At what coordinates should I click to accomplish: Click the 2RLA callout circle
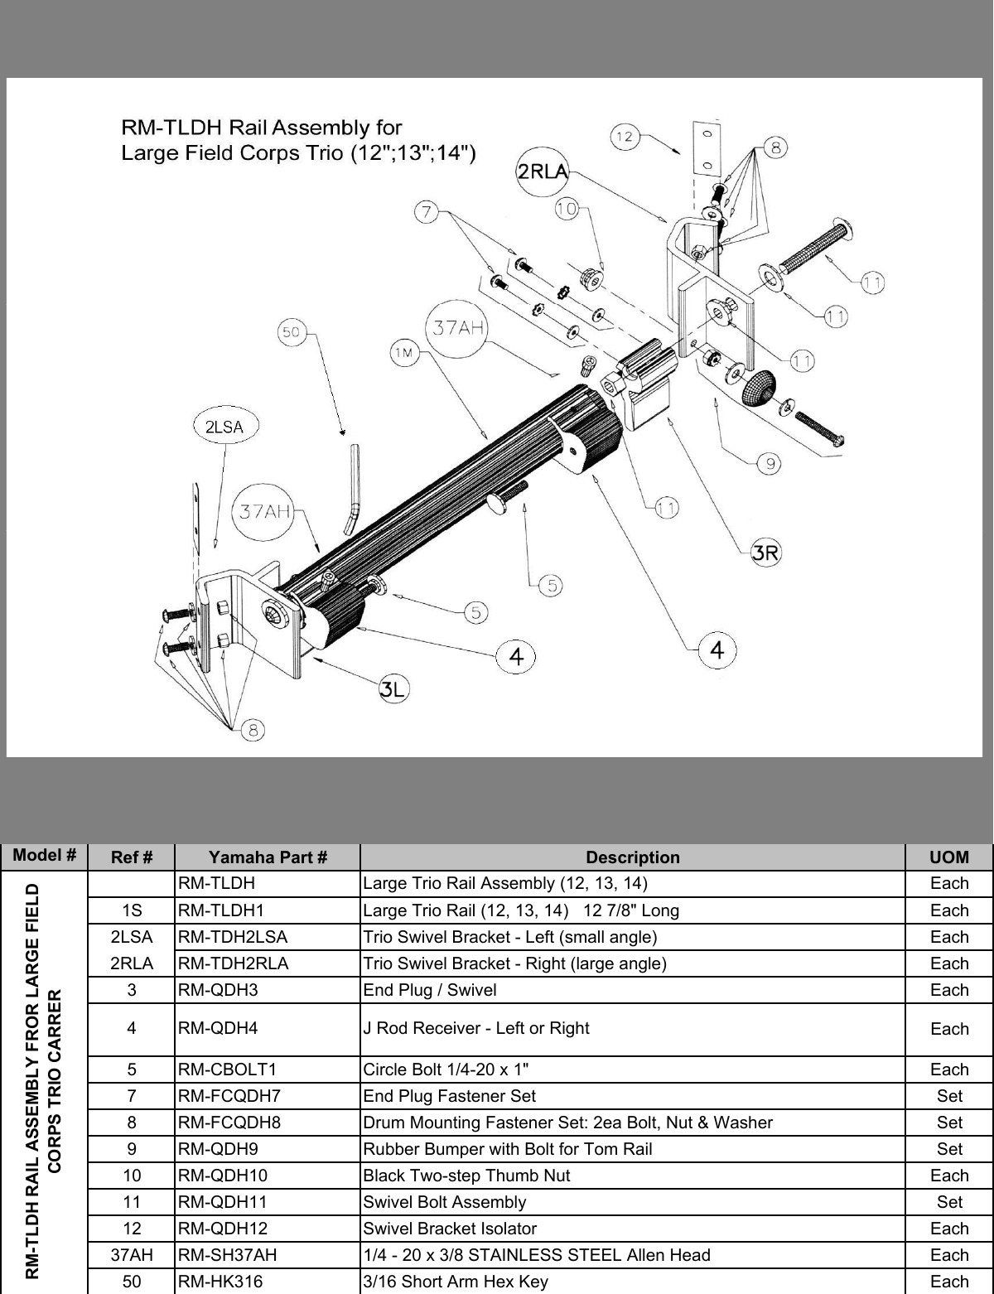tap(542, 171)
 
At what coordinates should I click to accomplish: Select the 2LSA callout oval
tap(224, 427)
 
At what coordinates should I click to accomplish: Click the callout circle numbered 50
tap(290, 333)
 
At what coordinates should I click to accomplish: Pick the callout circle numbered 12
tap(625, 137)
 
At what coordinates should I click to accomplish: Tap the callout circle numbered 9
tap(770, 464)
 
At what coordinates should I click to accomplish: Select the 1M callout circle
tap(403, 355)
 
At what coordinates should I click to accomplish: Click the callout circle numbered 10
tap(567, 210)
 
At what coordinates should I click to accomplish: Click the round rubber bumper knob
tap(757, 389)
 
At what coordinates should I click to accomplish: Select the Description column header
tap(632, 857)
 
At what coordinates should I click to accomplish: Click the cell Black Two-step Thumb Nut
tap(466, 1176)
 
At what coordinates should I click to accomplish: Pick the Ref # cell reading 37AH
tap(131, 1255)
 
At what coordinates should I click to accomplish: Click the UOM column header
tap(948, 857)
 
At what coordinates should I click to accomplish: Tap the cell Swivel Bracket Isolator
tap(450, 1229)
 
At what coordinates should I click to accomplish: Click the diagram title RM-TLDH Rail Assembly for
tap(261, 128)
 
